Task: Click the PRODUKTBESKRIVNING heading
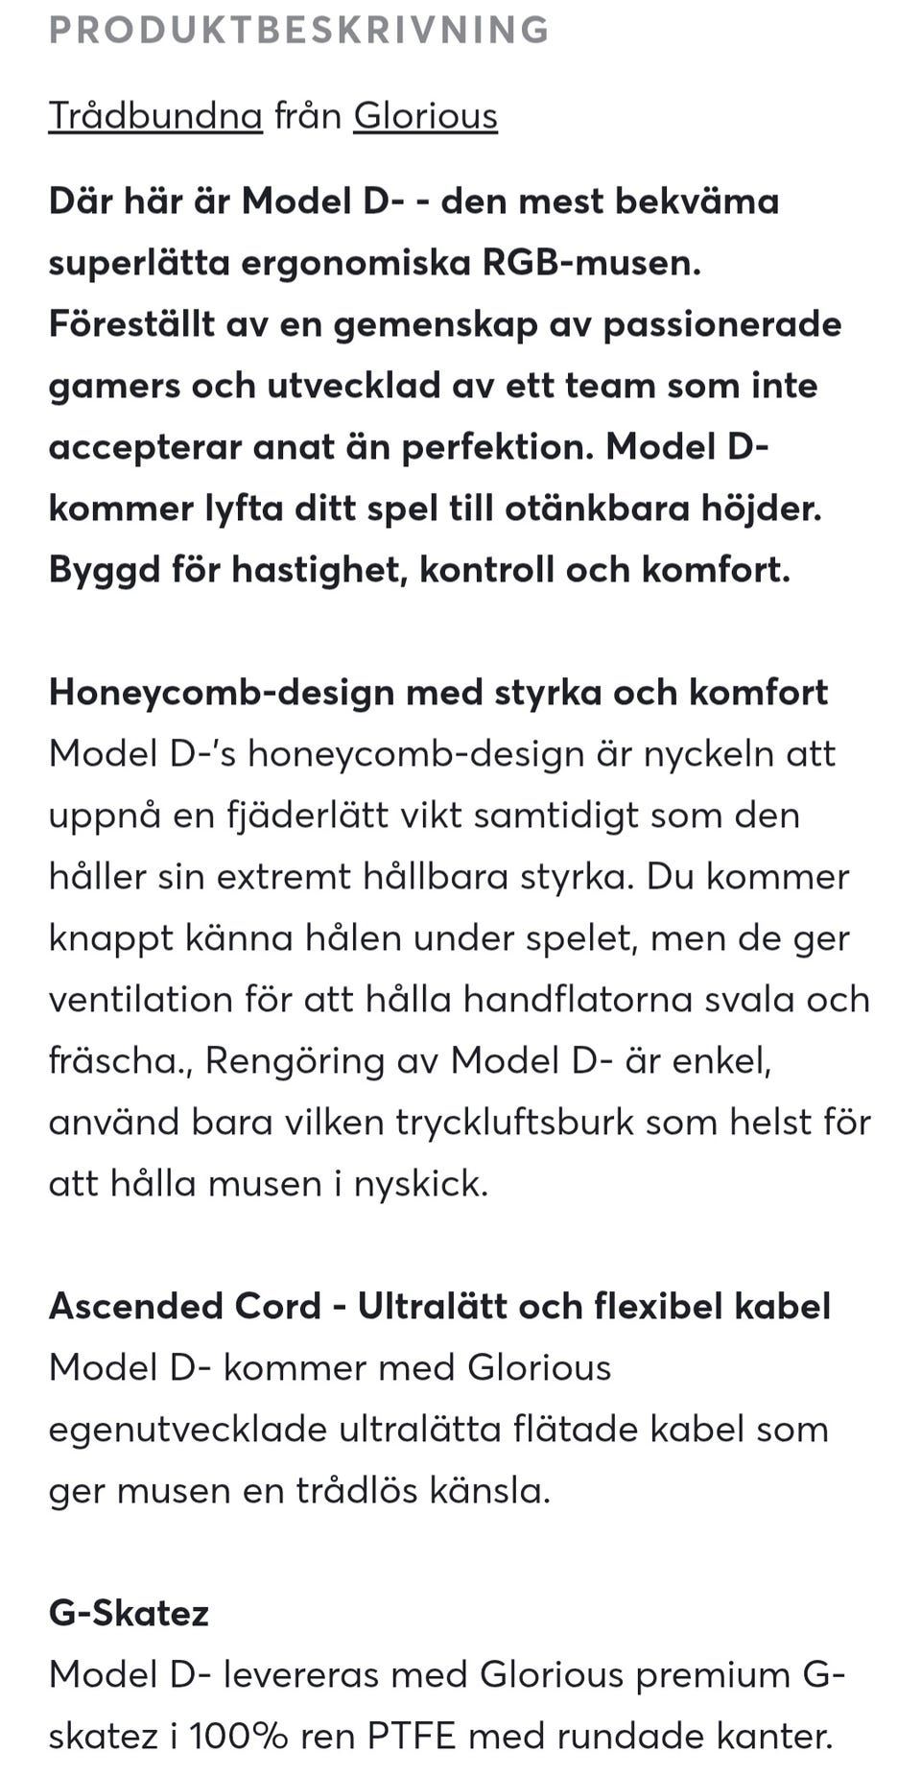coord(298,30)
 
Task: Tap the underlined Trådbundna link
coord(155,116)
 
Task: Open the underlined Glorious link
coord(425,116)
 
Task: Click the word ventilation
coord(140,1000)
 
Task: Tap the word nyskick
coord(421,1184)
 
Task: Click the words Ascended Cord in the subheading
coord(184,1307)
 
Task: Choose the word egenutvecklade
coord(188,1430)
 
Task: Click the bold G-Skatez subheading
coord(129,1614)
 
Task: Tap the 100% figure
coord(238,1737)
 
